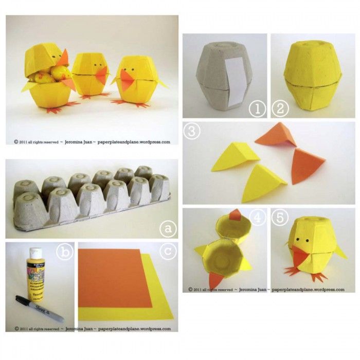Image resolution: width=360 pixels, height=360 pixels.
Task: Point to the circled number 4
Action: click(257, 219)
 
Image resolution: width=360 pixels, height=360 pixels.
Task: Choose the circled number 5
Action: click(280, 219)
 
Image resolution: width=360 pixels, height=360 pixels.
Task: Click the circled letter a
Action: click(166, 227)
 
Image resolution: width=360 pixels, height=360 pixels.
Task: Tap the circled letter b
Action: click(65, 252)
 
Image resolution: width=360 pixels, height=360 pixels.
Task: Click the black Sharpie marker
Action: click(39, 308)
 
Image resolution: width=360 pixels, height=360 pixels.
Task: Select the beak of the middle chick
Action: click(102, 75)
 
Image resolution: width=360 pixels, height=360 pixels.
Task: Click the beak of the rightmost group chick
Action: click(129, 79)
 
